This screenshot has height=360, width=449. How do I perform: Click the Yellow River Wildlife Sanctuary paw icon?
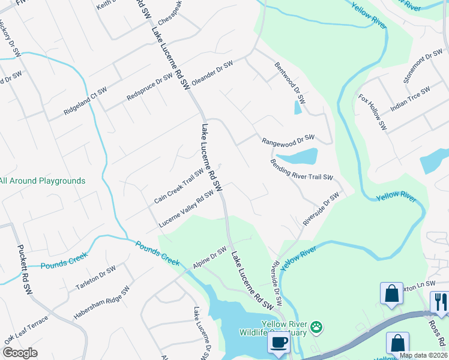point(316,327)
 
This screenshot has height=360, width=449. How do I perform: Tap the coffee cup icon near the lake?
point(278,343)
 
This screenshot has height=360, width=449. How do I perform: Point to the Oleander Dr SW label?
point(212,74)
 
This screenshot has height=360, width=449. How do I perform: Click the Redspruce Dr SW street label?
point(149,88)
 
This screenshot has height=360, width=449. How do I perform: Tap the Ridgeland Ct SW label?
point(85,101)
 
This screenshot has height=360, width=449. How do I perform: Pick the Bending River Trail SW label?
point(301,169)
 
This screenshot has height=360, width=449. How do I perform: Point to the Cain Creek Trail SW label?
point(178,187)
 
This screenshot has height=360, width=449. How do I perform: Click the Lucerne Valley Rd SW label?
point(186,209)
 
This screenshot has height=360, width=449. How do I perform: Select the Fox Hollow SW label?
point(372,112)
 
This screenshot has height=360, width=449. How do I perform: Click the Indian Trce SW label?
point(411,100)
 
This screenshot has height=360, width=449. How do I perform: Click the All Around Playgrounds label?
point(42,181)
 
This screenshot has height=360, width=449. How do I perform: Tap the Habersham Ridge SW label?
point(101,302)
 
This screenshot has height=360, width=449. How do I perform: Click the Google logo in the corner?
point(20,353)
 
